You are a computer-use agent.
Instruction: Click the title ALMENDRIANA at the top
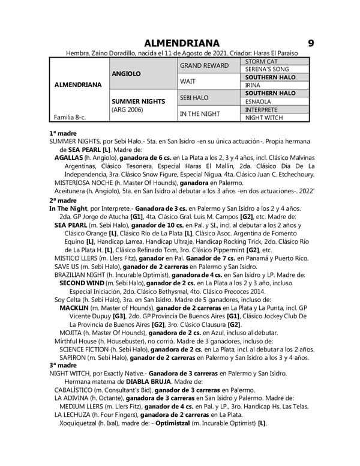[x=182, y=43]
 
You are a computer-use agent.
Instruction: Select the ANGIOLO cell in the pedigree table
[x=127, y=73]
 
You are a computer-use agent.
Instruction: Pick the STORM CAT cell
[x=262, y=61]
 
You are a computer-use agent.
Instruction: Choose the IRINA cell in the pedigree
[x=253, y=86]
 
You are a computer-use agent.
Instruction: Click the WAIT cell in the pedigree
[x=188, y=81]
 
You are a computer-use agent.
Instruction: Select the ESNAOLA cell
[x=259, y=101]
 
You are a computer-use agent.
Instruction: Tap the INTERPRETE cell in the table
[x=262, y=110]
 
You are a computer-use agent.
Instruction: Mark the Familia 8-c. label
[x=70, y=118]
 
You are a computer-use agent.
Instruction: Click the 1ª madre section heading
[x=63, y=132]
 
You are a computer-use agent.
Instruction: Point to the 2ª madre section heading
[x=63, y=200]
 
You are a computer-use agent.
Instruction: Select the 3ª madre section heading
[x=63, y=365]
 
